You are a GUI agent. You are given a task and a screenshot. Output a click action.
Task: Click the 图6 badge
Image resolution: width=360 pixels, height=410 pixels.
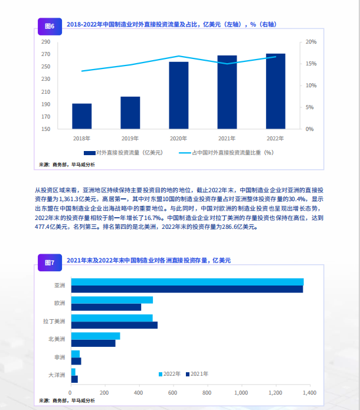(x=50, y=26)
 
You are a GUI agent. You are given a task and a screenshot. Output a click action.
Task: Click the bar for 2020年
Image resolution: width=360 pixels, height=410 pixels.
(x=179, y=95)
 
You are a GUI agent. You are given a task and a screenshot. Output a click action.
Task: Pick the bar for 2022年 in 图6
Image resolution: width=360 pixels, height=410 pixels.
(x=276, y=91)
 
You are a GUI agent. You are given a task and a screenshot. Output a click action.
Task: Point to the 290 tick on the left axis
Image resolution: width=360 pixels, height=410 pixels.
(x=46, y=42)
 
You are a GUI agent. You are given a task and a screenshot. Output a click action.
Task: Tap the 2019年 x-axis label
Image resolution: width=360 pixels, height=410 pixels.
(x=130, y=139)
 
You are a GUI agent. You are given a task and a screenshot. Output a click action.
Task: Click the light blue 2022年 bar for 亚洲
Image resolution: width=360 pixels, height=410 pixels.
(x=186, y=282)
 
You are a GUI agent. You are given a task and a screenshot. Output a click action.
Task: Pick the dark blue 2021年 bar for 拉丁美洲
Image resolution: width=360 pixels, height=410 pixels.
(x=114, y=325)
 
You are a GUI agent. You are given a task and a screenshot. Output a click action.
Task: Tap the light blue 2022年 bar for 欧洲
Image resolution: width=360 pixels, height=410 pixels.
(x=112, y=300)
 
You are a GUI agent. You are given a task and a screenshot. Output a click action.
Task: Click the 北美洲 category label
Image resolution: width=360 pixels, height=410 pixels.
(x=57, y=340)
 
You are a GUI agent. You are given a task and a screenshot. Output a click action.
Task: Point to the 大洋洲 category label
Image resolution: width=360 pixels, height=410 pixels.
(x=57, y=375)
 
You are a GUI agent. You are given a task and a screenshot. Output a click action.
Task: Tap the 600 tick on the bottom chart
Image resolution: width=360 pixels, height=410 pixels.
(x=173, y=392)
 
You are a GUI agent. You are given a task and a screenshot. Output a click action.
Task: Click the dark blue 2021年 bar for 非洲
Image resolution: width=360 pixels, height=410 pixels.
(x=76, y=361)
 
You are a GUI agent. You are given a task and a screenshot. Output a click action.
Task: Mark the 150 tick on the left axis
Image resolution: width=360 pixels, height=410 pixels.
(x=46, y=129)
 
